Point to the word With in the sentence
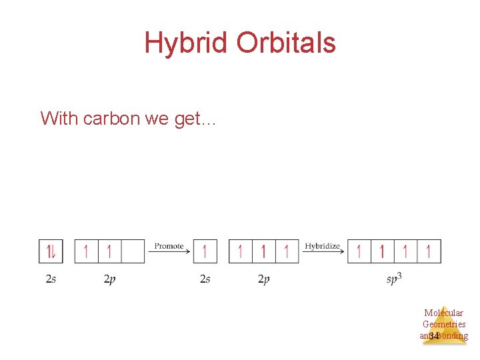click(59, 119)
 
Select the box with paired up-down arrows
click(51, 251)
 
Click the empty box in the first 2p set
click(133, 251)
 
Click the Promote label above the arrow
click(169, 246)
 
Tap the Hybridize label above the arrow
click(322, 246)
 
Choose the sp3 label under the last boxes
click(394, 279)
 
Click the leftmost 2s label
click(51, 279)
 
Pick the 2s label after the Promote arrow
click(205, 279)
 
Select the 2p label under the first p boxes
click(109, 279)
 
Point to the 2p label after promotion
click(263, 279)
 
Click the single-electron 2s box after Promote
click(205, 251)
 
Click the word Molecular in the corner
click(443, 313)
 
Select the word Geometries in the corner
click(444, 325)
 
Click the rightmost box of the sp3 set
click(429, 251)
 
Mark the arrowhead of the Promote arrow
click(189, 251)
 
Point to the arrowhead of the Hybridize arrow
click(343, 251)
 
